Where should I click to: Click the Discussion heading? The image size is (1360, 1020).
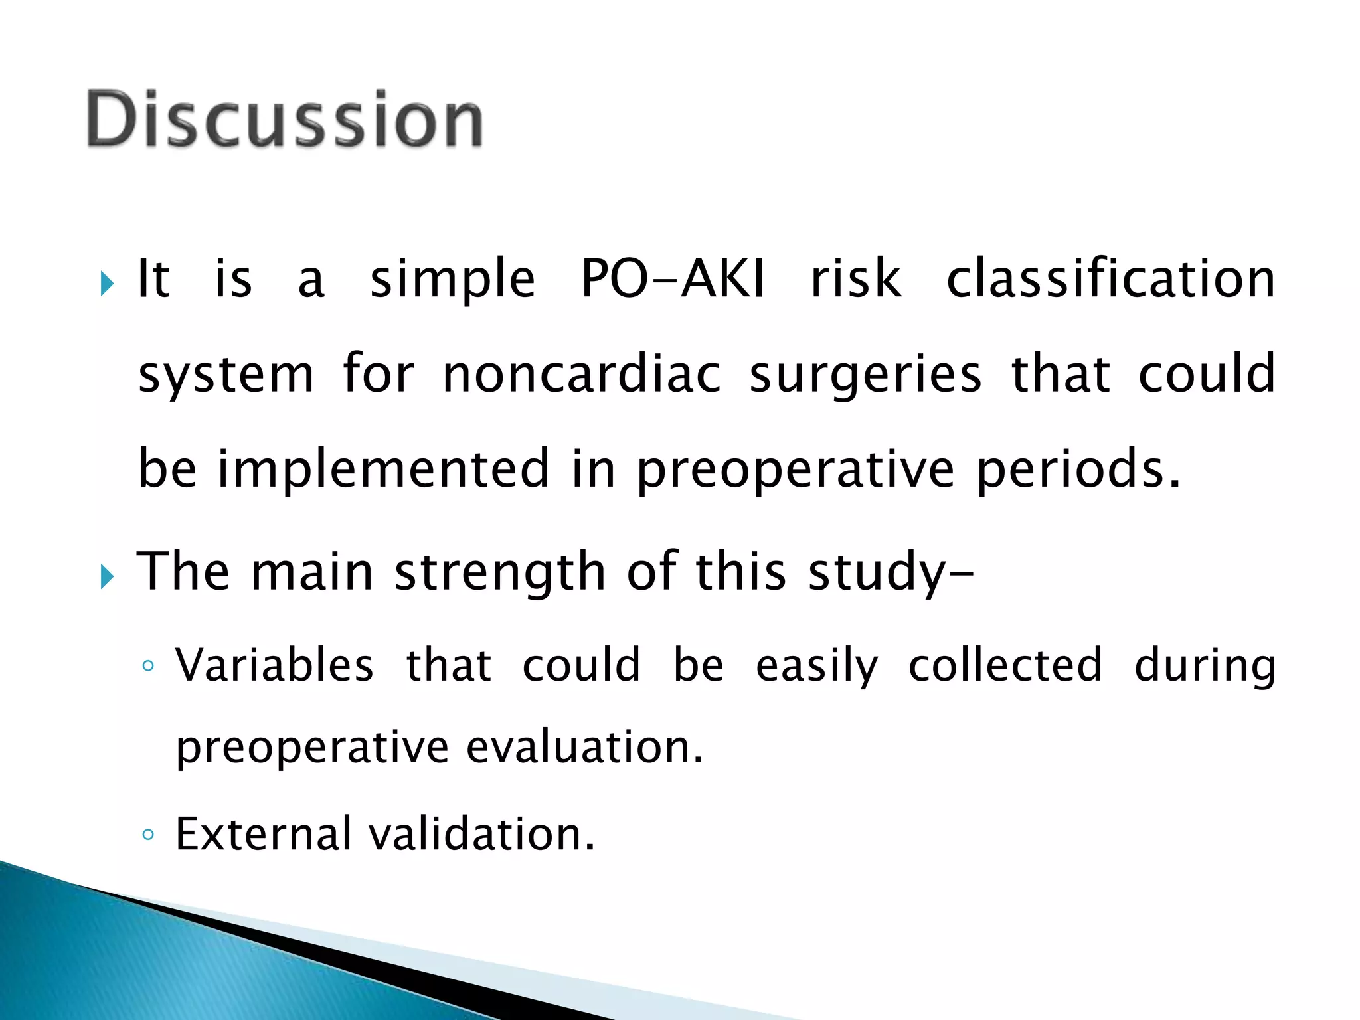click(x=284, y=120)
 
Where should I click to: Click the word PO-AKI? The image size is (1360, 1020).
click(x=672, y=279)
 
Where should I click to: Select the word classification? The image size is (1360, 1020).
click(x=1110, y=279)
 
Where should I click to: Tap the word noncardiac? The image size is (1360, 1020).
click(x=581, y=374)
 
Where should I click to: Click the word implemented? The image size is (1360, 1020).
click(x=383, y=469)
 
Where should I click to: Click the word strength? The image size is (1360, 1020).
click(x=499, y=572)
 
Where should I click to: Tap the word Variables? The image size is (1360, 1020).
click(x=274, y=665)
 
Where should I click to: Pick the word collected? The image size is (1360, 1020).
click(x=1005, y=665)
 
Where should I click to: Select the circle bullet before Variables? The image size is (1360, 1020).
click(x=148, y=666)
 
